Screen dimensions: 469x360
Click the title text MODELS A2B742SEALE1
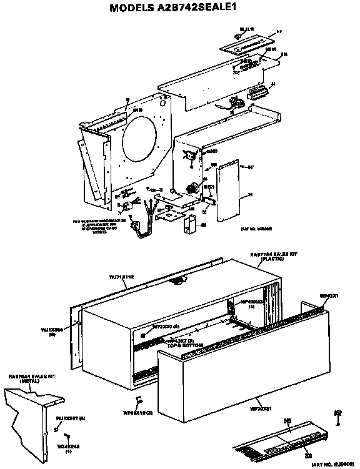[x=180, y=9]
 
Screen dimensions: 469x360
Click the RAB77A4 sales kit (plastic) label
[x=267, y=256]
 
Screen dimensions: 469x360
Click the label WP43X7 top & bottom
[x=178, y=342]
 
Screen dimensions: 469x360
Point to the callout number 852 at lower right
[x=338, y=412]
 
